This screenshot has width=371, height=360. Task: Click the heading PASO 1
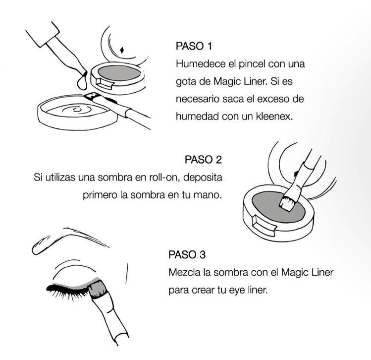click(194, 46)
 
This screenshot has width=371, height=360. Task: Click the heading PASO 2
click(203, 160)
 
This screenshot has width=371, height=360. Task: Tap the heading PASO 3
click(187, 254)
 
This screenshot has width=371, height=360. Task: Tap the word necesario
click(197, 99)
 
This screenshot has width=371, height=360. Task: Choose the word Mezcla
click(184, 272)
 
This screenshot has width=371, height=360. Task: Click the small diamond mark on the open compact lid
click(122, 50)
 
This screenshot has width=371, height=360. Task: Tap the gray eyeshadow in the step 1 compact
click(119, 73)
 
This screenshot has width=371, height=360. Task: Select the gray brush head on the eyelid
click(97, 289)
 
